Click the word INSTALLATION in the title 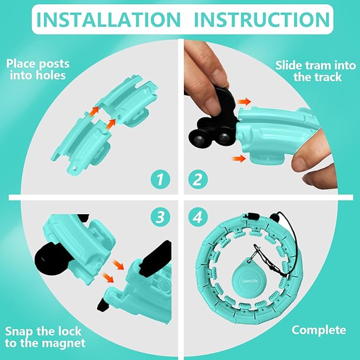point(108,19)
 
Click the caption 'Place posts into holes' point(38,69)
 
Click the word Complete point(319,330)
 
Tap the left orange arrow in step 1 point(94,110)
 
